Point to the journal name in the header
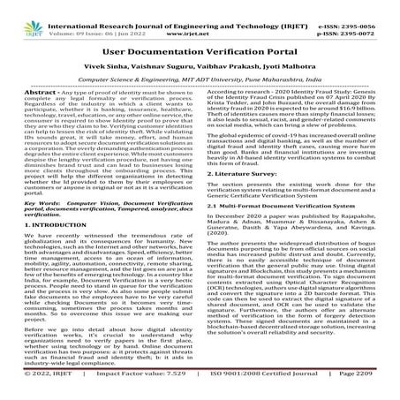pos(200,7)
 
